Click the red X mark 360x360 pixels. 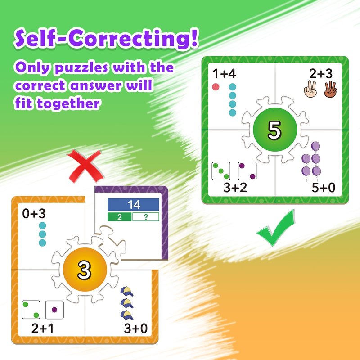pyautogui.click(x=85, y=166)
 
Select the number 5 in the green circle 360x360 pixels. pyautogui.click(x=274, y=130)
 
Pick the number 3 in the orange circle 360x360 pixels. pyautogui.click(x=84, y=270)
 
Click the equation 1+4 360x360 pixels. pyautogui.click(x=224, y=73)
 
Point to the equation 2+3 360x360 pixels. pyautogui.click(x=321, y=73)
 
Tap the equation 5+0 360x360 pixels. pyautogui.click(x=323, y=188)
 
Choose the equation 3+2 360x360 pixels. pyautogui.click(x=235, y=188)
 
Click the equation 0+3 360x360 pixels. pyautogui.click(x=34, y=213)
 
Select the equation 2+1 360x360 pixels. pyautogui.click(x=42, y=328)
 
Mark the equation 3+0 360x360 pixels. pyautogui.click(x=136, y=328)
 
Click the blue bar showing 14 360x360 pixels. pyautogui.click(x=133, y=205)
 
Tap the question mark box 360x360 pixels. pyautogui.click(x=146, y=217)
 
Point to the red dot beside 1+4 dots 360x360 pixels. pyautogui.click(x=216, y=87)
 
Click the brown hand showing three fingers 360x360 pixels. pyautogui.click(x=330, y=89)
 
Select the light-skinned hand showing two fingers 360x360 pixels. pyautogui.click(x=310, y=89)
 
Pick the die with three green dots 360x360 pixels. pyautogui.click(x=221, y=171)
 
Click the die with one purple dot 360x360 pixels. pyautogui.click(x=54, y=310)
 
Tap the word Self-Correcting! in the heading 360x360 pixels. pyautogui.click(x=106, y=38)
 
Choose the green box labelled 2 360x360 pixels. pyautogui.click(x=120, y=217)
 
